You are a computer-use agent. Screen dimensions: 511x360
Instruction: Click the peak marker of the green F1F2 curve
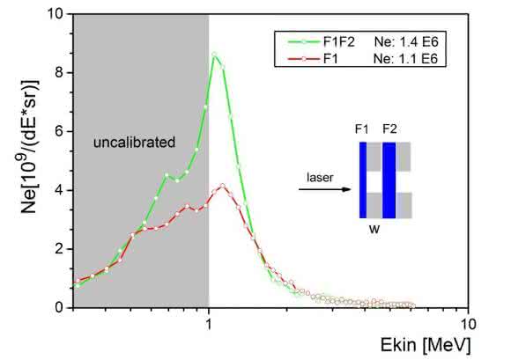(x=214, y=55)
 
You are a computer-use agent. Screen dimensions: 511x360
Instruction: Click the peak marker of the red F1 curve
(x=223, y=186)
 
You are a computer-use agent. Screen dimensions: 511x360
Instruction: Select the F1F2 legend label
(x=338, y=42)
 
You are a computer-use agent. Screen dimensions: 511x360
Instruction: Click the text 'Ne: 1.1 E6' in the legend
(x=405, y=59)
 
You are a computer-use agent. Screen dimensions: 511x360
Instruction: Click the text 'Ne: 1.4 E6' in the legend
(x=406, y=42)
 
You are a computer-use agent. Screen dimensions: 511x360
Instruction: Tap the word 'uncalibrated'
(x=134, y=143)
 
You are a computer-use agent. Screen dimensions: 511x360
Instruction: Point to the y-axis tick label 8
(x=59, y=72)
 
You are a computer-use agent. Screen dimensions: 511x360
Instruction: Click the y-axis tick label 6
(x=59, y=131)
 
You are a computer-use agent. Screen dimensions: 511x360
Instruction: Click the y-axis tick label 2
(x=59, y=249)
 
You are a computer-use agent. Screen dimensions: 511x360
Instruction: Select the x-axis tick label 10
(x=469, y=324)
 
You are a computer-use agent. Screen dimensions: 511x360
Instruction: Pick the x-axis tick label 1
(x=209, y=324)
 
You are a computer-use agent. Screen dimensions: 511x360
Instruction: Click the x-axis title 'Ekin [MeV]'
(x=426, y=345)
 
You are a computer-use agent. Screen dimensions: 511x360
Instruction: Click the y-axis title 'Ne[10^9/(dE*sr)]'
(x=29, y=146)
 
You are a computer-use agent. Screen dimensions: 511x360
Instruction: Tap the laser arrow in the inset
(x=324, y=189)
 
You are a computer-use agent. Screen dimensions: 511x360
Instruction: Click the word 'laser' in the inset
(x=320, y=178)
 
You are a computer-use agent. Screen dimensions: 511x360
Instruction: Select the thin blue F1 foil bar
(x=363, y=180)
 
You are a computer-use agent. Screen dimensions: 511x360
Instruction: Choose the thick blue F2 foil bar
(x=389, y=180)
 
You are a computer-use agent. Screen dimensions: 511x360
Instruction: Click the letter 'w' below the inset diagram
(x=374, y=229)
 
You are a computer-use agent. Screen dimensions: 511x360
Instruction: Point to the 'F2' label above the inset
(x=389, y=129)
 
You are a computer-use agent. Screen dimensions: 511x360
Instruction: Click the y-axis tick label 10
(x=56, y=14)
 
